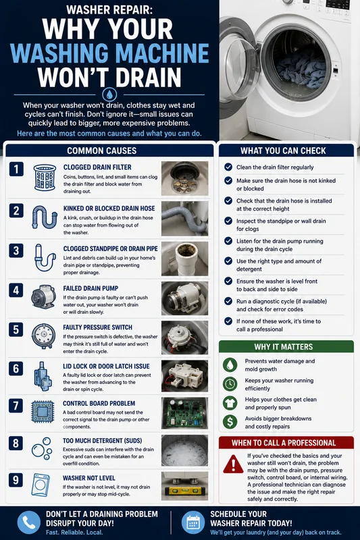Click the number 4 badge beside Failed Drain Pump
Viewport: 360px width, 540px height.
coord(16,290)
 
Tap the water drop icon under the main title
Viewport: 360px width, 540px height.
coord(109,94)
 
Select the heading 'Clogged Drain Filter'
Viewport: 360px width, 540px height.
coord(97,167)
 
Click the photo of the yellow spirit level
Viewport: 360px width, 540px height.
coord(184,486)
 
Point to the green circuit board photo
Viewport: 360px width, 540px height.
coord(184,413)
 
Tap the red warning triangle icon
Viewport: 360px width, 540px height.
coord(233,464)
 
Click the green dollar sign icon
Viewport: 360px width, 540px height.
coord(230,422)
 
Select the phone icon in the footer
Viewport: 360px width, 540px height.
coord(29,522)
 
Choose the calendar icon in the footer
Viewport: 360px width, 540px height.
coord(193,522)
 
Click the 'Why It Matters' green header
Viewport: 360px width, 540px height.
coord(286,346)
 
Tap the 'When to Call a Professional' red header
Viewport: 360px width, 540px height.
coord(286,443)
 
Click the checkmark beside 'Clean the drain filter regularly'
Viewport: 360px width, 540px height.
coord(228,167)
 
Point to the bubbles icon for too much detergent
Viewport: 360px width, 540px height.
coord(41,448)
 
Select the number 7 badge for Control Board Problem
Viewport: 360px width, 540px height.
coord(16,406)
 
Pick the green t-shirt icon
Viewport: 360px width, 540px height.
coord(230,403)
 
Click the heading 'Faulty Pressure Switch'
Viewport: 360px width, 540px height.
coord(97,327)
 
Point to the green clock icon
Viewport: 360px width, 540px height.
coord(230,383)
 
